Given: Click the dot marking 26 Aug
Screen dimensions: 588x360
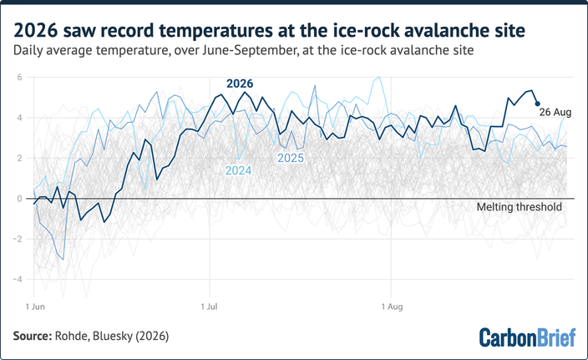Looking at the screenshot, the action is pyautogui.click(x=537, y=104).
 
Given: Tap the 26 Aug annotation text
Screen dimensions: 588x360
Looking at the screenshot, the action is pyautogui.click(x=555, y=112).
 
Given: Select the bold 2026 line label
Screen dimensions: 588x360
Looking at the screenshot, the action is pyautogui.click(x=240, y=84).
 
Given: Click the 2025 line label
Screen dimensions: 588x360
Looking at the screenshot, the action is pyautogui.click(x=291, y=158).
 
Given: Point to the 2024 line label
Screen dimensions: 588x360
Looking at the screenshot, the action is pyautogui.click(x=238, y=170).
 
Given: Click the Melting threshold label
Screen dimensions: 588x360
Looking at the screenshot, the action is pyautogui.click(x=520, y=207).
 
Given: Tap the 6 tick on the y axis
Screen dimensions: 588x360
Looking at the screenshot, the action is pyautogui.click(x=19, y=77).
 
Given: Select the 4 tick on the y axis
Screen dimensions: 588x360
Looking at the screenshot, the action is pyautogui.click(x=19, y=118).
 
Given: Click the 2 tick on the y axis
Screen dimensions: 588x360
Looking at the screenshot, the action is pyautogui.click(x=19, y=158).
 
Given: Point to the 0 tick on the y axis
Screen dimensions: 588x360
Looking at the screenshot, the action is pyautogui.click(x=19, y=199).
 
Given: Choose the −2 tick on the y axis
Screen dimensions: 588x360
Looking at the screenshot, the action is pyautogui.click(x=18, y=239).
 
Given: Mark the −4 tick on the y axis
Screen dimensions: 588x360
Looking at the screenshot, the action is pyautogui.click(x=18, y=279).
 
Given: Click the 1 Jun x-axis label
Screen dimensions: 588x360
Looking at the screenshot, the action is pyautogui.click(x=35, y=307).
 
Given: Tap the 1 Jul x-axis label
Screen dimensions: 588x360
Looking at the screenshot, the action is pyautogui.click(x=209, y=307).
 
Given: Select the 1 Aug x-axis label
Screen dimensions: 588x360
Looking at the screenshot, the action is pyautogui.click(x=393, y=307).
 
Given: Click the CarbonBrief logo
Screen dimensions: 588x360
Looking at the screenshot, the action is pyautogui.click(x=527, y=337).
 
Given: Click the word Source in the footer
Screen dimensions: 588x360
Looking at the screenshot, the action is pyautogui.click(x=33, y=336).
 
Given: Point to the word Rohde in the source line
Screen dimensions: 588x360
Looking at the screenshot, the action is pyautogui.click(x=72, y=336).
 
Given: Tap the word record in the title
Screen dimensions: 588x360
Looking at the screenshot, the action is pyautogui.click(x=126, y=31).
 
